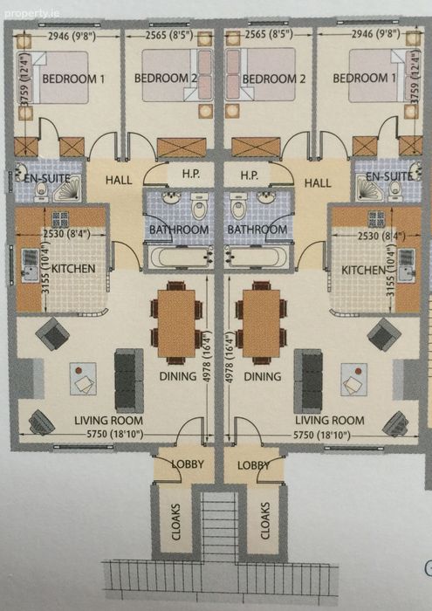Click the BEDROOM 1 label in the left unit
73,79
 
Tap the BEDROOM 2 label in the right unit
274,79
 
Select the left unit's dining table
176,323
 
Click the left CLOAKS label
176,522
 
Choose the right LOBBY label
254,465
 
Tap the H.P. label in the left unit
190,175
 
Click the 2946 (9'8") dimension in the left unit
72,37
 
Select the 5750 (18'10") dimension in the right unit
322,435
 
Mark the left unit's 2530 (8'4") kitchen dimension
66,234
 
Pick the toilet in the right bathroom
237,205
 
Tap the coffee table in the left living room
83,379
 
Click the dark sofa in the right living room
309,381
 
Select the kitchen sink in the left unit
30,266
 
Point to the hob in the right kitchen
376,219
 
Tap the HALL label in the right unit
318,182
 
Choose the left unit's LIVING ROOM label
109,421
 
